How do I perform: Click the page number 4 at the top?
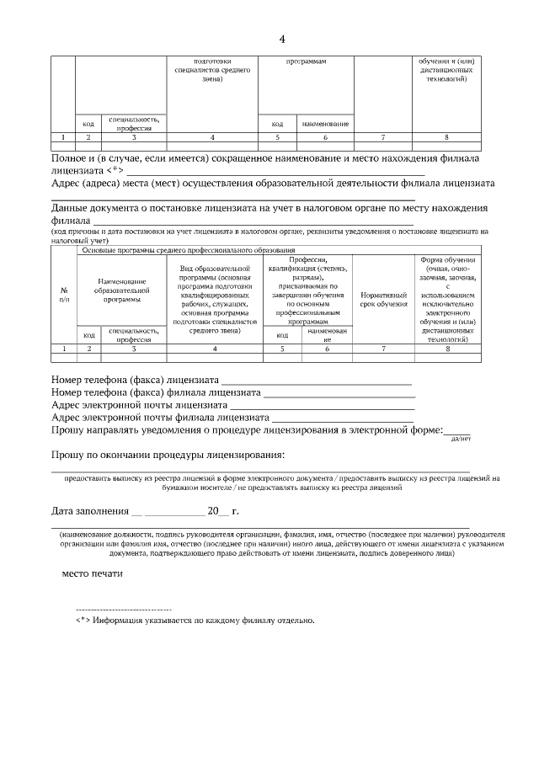point(282,39)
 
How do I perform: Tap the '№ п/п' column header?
point(64,294)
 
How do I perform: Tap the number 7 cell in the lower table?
point(383,348)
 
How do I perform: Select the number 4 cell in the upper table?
point(212,136)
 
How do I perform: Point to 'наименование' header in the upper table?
point(325,124)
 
